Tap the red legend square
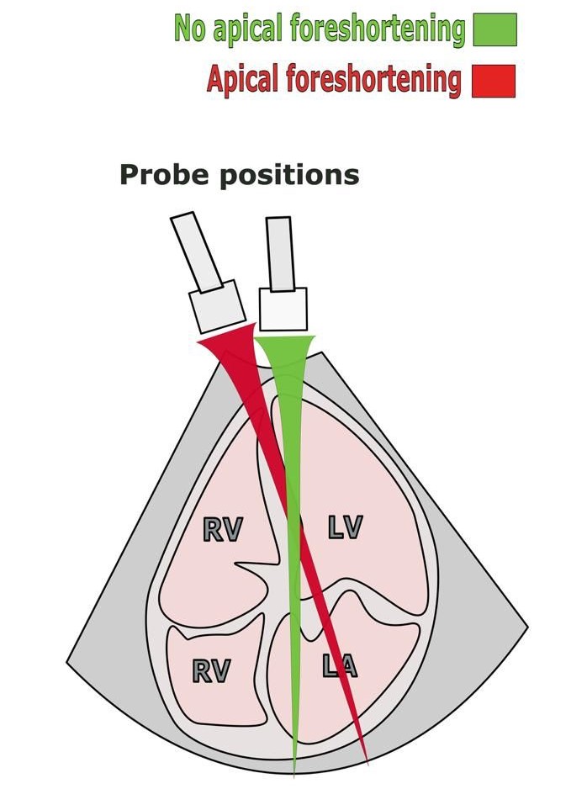click(x=493, y=82)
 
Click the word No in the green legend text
click(x=189, y=29)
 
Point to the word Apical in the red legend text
click(x=244, y=82)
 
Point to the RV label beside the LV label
click(x=223, y=529)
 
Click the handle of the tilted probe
click(x=196, y=249)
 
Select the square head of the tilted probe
click(x=217, y=309)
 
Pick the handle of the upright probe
click(x=279, y=252)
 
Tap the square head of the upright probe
click(x=283, y=310)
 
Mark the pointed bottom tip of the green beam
click(x=294, y=770)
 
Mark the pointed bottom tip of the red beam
click(x=368, y=762)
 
